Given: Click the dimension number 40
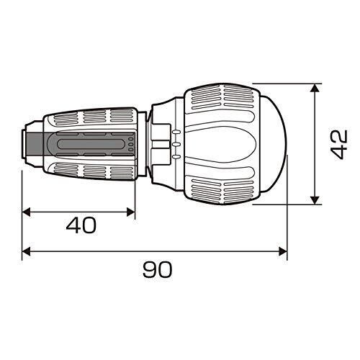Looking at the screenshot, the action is point(81,225).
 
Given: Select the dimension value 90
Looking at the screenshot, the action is point(158,269).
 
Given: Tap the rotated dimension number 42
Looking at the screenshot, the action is point(339,145).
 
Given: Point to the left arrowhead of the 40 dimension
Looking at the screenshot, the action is point(27,212).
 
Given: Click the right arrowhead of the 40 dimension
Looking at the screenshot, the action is point(131,212).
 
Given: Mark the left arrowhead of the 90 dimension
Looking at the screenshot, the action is point(27,252).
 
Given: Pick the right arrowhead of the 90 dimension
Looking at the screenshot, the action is point(283,252).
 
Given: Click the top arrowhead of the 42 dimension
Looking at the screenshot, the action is point(315,88).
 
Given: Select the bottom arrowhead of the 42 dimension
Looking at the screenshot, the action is point(315,200).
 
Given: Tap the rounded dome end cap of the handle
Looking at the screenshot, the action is point(276,144).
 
